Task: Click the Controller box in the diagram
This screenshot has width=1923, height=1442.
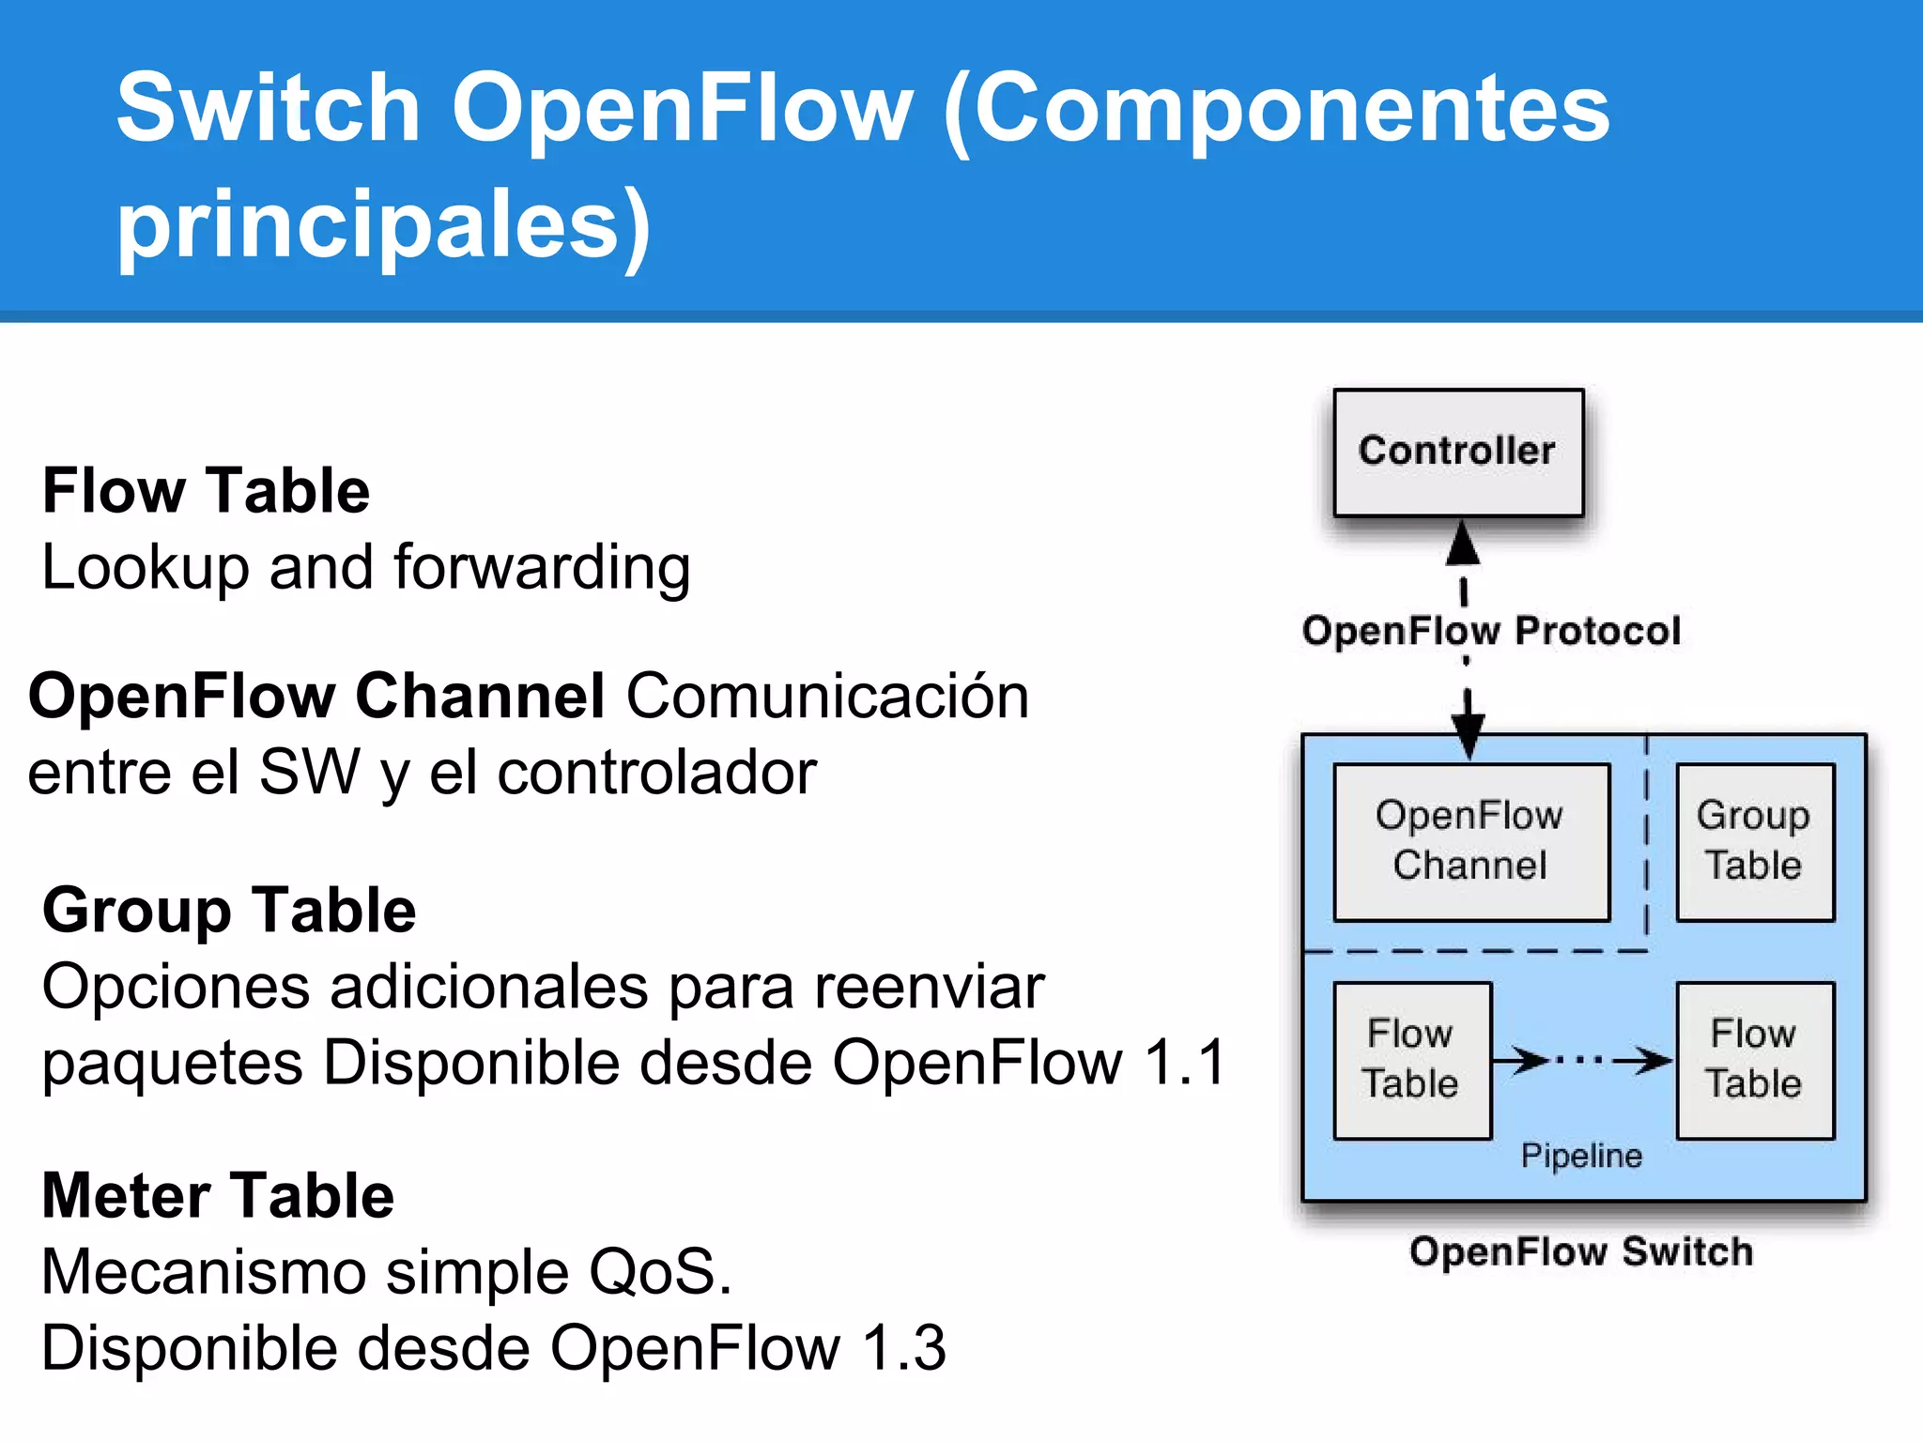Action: pos(1458,453)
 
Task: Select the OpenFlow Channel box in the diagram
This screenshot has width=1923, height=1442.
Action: pos(1471,841)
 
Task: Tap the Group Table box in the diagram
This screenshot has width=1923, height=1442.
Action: pos(1754,841)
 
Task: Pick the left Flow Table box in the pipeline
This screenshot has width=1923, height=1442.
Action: pos(1411,1060)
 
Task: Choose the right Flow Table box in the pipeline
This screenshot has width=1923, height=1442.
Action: pos(1754,1060)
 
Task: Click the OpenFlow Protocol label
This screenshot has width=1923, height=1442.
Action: pos(1491,631)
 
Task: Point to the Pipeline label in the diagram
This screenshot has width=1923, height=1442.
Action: pos(1581,1156)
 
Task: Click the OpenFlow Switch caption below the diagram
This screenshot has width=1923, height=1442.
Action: pos(1581,1252)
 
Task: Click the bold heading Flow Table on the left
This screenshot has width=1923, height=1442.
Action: pos(207,491)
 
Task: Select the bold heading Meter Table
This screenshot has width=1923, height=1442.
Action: pos(218,1196)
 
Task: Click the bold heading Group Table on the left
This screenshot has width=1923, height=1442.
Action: pos(229,911)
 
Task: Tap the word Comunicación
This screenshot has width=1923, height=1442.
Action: pos(827,697)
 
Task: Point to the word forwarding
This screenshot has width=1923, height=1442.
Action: pos(542,568)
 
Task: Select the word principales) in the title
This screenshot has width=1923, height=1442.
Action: pos(383,225)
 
